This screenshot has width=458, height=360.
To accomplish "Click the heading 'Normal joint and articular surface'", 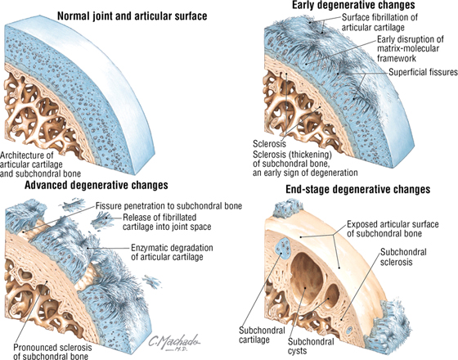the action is click(132, 16).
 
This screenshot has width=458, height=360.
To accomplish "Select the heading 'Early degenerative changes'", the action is click(353, 5).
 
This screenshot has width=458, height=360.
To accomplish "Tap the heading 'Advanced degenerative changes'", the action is click(97, 185).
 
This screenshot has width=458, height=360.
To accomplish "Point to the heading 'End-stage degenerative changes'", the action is click(358, 189).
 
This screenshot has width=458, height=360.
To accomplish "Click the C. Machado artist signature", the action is click(174, 342).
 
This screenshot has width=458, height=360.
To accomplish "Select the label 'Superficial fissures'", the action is click(423, 72).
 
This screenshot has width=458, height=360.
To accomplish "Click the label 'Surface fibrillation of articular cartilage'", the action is click(379, 22).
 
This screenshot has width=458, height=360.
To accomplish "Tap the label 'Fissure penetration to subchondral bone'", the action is click(168, 206).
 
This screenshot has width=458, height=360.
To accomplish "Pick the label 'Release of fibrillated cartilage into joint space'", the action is click(167, 222).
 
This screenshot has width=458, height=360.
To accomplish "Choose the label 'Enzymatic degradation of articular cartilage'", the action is click(172, 252).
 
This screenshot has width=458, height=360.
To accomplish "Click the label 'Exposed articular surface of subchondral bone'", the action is click(393, 229).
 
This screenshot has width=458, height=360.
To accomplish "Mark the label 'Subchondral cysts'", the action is click(311, 346).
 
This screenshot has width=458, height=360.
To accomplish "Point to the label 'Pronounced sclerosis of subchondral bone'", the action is click(52, 352).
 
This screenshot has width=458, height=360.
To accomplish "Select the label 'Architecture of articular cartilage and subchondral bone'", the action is click(40, 164).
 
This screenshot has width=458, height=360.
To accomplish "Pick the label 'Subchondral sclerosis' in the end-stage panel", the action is click(403, 257).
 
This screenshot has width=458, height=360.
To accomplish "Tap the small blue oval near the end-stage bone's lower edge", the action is click(349, 331).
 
